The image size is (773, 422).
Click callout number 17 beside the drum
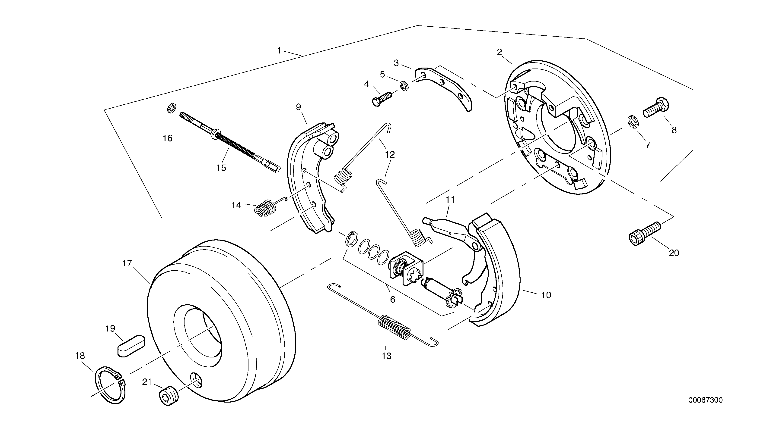127,263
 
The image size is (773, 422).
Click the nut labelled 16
171,108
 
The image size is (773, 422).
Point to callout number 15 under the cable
221,168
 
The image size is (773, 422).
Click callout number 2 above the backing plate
499,52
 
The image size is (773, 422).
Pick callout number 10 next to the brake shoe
546,295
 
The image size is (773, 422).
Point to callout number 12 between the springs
390,155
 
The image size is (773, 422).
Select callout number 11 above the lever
450,200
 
